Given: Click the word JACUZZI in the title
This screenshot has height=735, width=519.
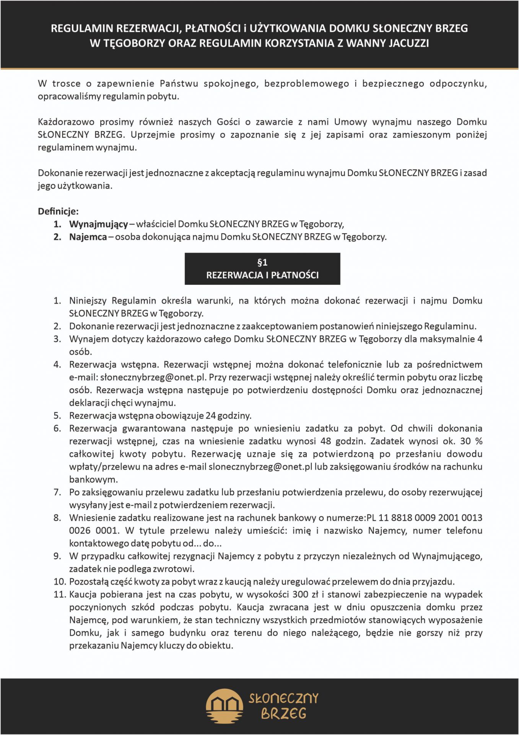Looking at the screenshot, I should point(408,43).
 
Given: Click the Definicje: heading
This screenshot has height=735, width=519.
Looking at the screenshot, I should point(58,211).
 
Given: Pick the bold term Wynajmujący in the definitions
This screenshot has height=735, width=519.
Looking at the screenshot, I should point(98,224).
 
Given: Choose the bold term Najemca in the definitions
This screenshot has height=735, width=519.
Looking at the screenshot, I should point(88,237).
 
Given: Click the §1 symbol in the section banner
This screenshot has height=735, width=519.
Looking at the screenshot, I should point(262,262).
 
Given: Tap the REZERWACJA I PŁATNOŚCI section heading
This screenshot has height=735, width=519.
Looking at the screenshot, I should point(262,275).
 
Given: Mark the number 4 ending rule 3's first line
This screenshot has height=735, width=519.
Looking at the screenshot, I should point(480,339).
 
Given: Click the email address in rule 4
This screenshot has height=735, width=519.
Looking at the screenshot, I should point(154,377).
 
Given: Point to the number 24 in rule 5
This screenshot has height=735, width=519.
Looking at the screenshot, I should point(211,415).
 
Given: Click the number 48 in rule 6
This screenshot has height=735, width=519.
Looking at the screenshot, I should point(325,441).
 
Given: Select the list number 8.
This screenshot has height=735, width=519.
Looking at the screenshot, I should point(57,518).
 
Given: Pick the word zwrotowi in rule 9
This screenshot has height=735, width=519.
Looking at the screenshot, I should point(178,569).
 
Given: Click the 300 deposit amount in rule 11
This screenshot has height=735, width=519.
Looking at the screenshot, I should point(300,595).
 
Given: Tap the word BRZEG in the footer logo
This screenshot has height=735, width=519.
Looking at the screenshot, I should point(283,714).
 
